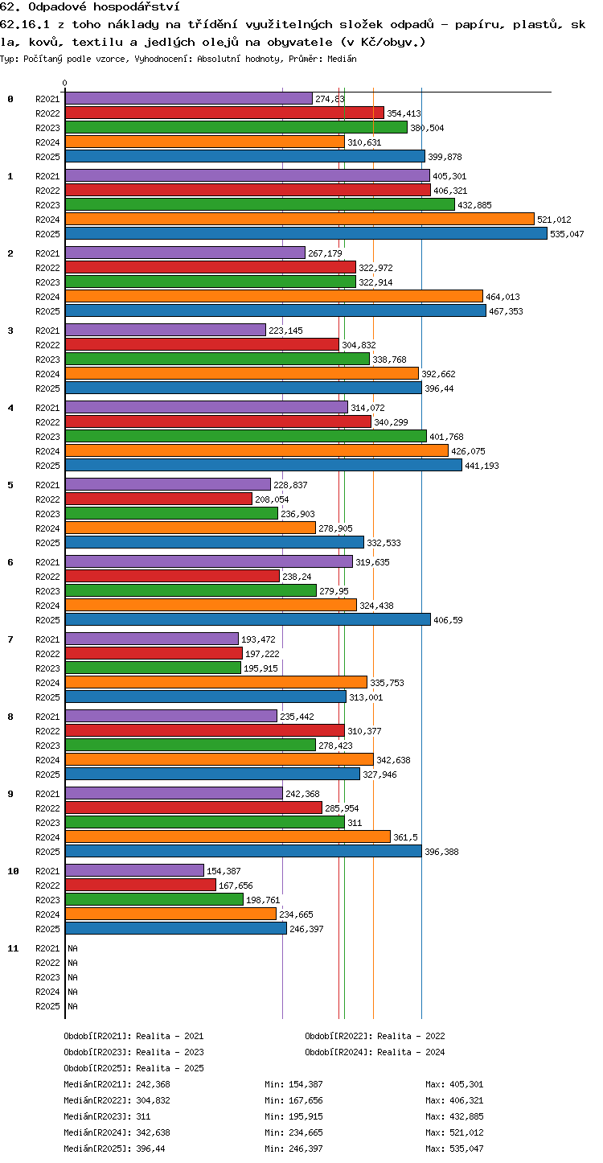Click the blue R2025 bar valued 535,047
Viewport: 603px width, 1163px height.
point(306,233)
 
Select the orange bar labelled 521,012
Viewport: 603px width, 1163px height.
point(300,219)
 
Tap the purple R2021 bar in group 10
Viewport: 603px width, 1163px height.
point(134,871)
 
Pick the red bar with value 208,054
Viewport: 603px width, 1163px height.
point(159,499)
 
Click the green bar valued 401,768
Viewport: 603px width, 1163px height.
point(246,436)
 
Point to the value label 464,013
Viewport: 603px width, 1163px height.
point(503,297)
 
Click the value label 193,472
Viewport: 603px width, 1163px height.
point(258,639)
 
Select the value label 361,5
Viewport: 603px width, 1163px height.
point(405,837)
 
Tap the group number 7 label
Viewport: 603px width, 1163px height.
point(10,639)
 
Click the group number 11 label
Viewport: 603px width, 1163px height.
point(13,948)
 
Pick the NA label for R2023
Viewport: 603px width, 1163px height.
point(72,977)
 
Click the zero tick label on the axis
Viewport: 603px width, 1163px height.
point(65,83)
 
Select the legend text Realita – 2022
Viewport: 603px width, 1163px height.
point(411,1036)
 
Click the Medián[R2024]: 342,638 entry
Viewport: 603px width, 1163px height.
point(117,1132)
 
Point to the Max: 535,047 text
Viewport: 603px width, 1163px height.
point(454,1149)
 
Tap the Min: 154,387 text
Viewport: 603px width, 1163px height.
point(293,1084)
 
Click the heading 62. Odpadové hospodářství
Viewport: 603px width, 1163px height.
point(90,6)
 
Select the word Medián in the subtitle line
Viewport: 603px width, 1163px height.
point(342,59)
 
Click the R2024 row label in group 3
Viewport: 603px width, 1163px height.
point(47,374)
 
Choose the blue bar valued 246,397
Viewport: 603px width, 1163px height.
point(176,928)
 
